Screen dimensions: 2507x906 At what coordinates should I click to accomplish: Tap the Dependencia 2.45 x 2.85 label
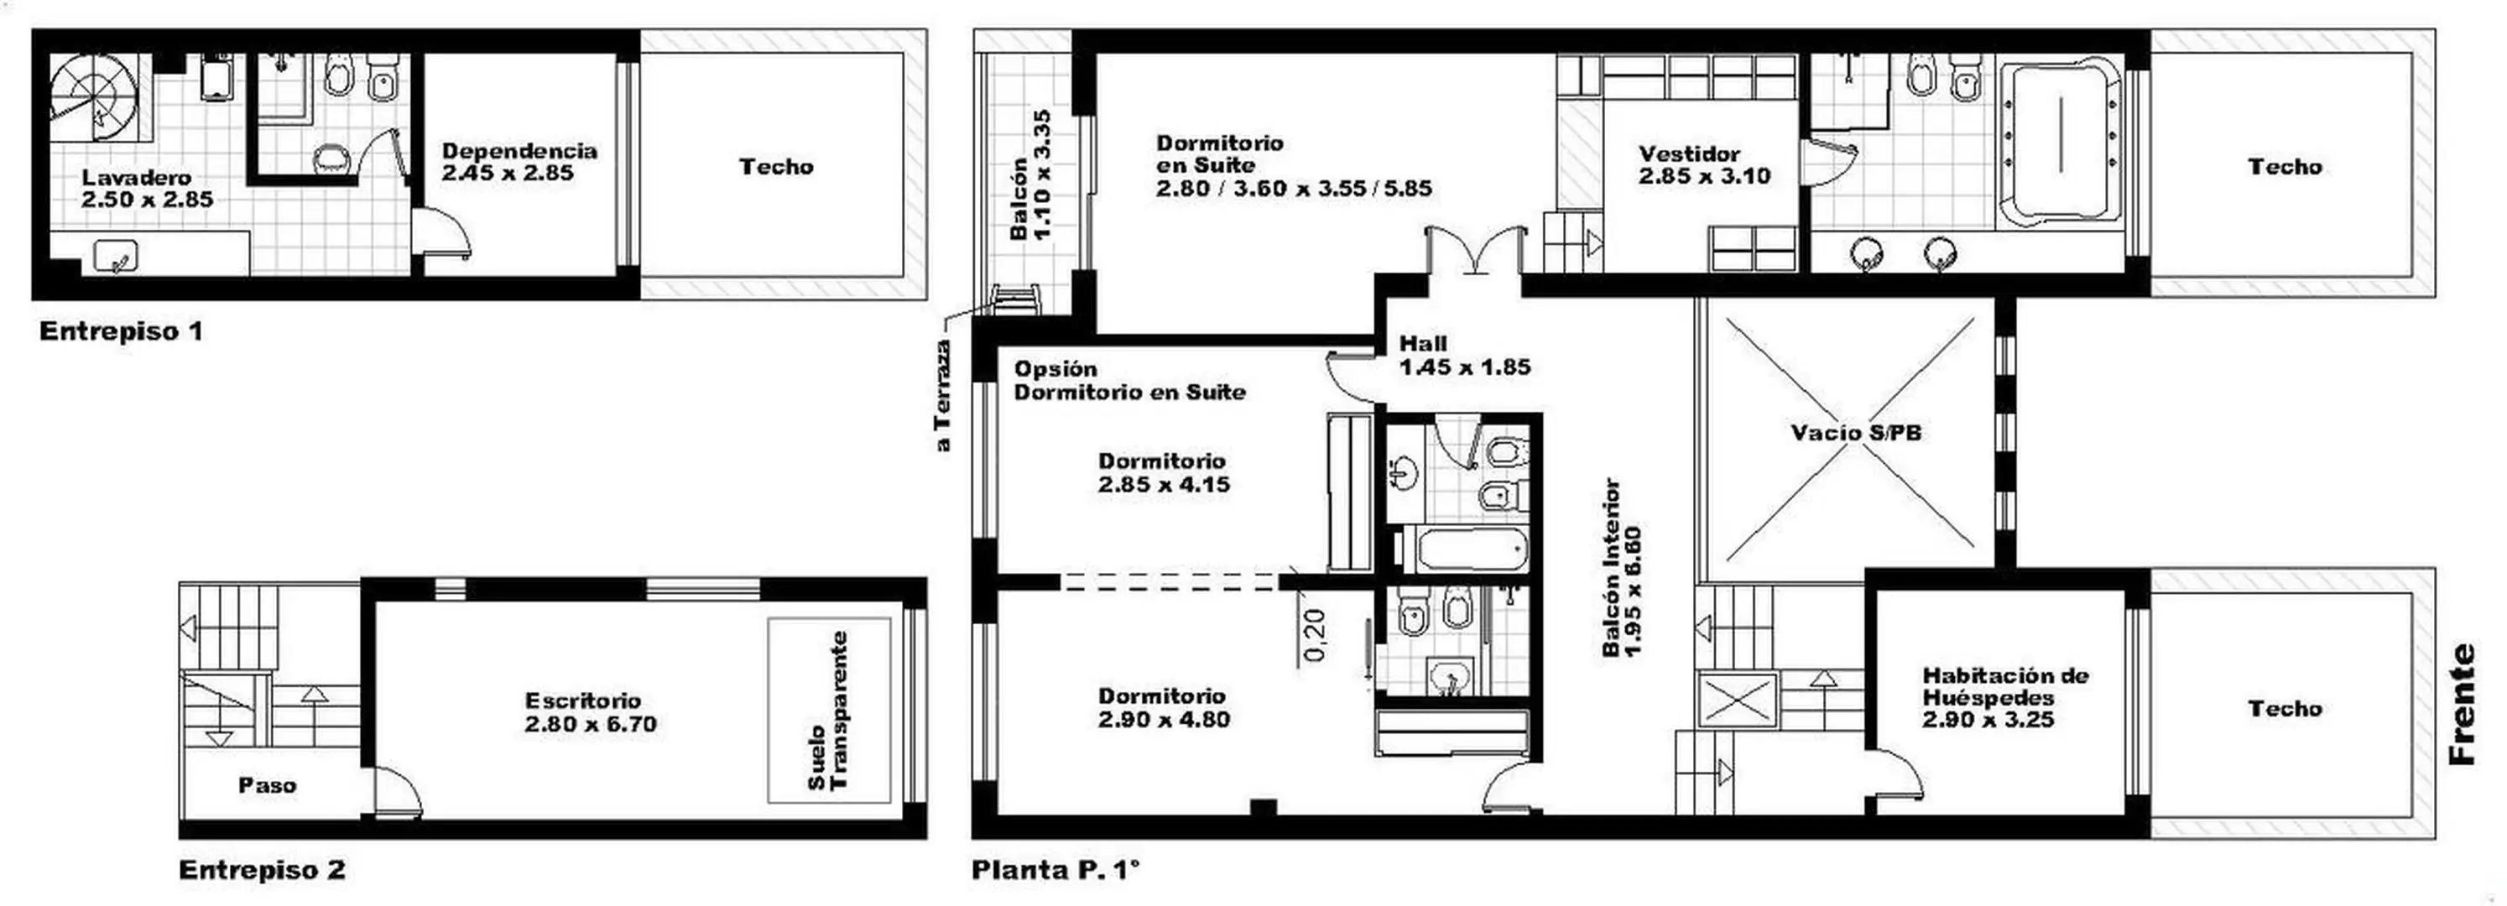click(x=519, y=162)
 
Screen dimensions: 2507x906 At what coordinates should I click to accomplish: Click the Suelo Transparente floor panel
click(x=829, y=711)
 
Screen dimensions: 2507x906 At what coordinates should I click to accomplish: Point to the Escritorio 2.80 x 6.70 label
click(x=590, y=712)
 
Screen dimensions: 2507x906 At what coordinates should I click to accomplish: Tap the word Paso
click(x=268, y=785)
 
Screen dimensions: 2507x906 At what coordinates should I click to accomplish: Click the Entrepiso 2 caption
click(x=262, y=869)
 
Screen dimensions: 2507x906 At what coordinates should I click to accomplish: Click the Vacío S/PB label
click(x=1856, y=432)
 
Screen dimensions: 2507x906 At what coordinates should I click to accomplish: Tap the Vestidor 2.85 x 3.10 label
click(x=1704, y=164)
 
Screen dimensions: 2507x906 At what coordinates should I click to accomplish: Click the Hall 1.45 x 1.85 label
click(x=1465, y=355)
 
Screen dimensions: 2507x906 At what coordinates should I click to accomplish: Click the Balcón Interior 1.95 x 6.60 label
click(x=1623, y=567)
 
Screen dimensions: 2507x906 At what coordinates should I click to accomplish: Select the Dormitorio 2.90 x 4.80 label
click(x=1164, y=707)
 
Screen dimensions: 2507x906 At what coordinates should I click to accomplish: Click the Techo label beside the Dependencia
click(x=775, y=166)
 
